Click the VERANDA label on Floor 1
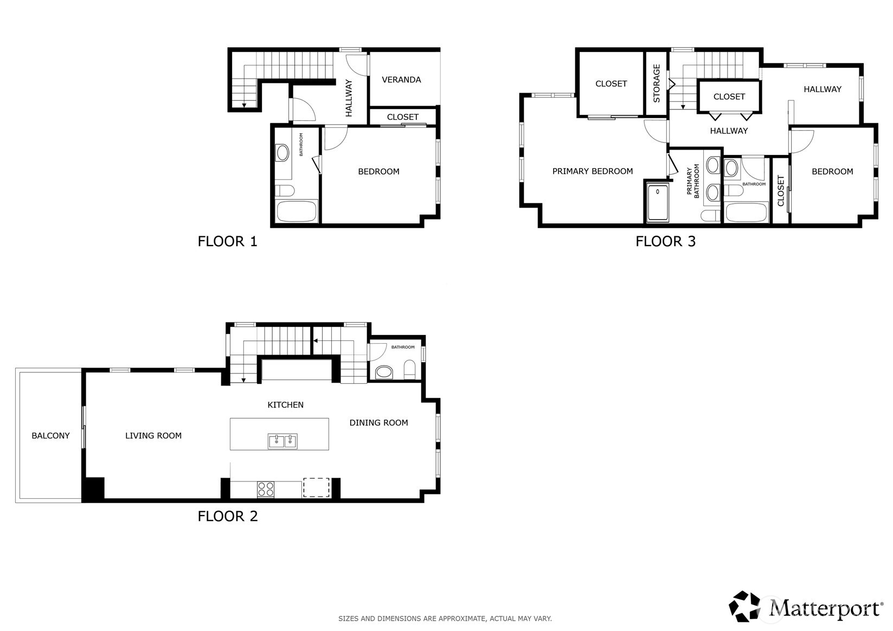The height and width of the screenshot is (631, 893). pyautogui.click(x=401, y=80)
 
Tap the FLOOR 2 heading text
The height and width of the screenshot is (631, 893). pyautogui.click(x=228, y=516)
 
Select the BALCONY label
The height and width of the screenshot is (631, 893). pyautogui.click(x=50, y=435)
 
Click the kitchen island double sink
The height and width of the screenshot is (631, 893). pyautogui.click(x=282, y=441)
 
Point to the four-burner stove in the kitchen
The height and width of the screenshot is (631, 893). pyautogui.click(x=266, y=489)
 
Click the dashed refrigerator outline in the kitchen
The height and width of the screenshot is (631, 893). pyautogui.click(x=316, y=487)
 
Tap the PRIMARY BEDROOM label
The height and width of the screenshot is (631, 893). pyautogui.click(x=592, y=171)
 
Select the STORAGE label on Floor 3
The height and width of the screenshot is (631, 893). pyautogui.click(x=657, y=83)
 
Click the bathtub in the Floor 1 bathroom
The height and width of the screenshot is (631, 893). pyautogui.click(x=297, y=211)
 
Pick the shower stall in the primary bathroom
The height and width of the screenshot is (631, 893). pyautogui.click(x=658, y=203)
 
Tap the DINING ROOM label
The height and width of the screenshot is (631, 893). pyautogui.click(x=378, y=423)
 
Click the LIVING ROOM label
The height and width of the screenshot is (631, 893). pyautogui.click(x=153, y=435)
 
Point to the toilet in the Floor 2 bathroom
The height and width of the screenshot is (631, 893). pyautogui.click(x=410, y=370)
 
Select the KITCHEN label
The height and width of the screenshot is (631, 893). pyautogui.click(x=285, y=405)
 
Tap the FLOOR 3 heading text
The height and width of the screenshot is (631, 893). pyautogui.click(x=665, y=241)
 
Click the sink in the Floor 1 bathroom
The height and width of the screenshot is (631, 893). pyautogui.click(x=282, y=153)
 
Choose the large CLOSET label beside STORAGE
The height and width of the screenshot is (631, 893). pyautogui.click(x=611, y=83)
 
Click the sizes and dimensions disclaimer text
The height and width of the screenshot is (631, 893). pyautogui.click(x=445, y=618)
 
